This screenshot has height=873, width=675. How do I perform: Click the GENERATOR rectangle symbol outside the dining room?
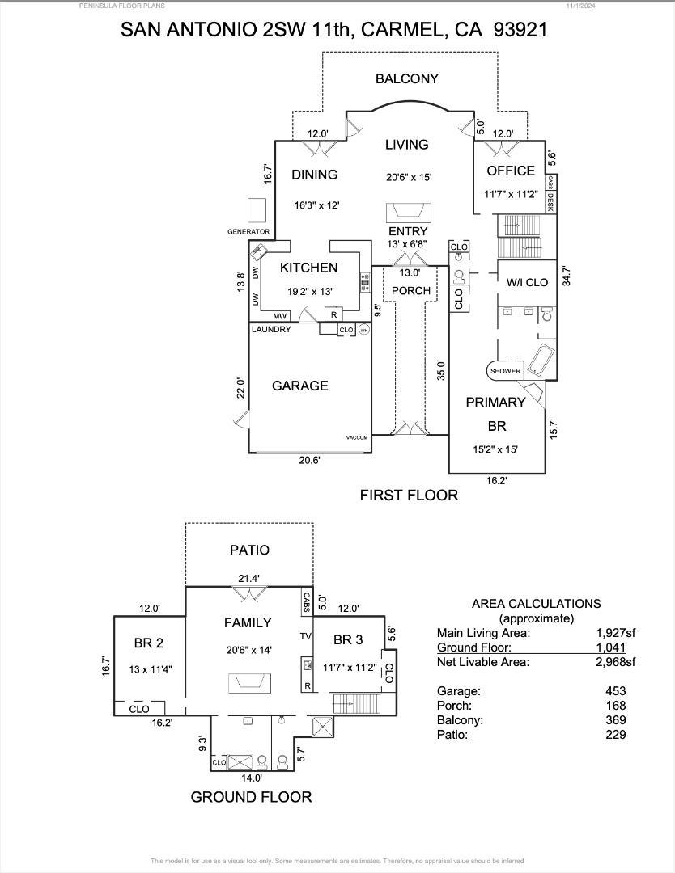coord(257,210)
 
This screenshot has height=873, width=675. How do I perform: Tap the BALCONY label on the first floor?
coord(406,78)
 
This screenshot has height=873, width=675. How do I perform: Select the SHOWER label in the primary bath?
coord(505,371)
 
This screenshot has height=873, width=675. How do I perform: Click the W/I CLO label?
coord(527,282)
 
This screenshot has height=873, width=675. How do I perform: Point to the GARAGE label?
coord(299,386)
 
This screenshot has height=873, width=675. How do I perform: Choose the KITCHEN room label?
coord(308,268)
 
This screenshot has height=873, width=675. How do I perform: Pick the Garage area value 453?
coord(615,691)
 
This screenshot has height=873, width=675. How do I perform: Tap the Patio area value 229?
coord(615,735)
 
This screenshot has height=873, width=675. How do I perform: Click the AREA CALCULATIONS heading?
coord(536,604)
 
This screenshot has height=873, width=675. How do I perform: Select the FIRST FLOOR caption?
coord(409,495)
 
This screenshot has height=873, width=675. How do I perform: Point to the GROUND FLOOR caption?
coord(251,797)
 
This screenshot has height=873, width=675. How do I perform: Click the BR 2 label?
coord(149,643)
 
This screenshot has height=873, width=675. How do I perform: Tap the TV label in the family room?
coord(306,636)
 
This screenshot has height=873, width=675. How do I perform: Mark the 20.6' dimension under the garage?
coord(309,460)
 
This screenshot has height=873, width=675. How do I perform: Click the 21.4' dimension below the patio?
coord(248,579)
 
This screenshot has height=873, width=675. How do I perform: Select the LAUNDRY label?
coord(270,330)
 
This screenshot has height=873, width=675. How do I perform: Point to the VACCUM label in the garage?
coord(356,437)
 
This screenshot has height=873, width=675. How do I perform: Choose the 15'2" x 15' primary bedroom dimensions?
coord(495,450)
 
